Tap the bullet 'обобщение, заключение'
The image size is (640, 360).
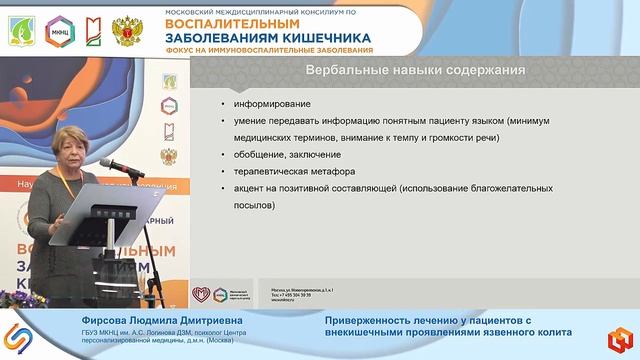[x=288, y=154]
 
